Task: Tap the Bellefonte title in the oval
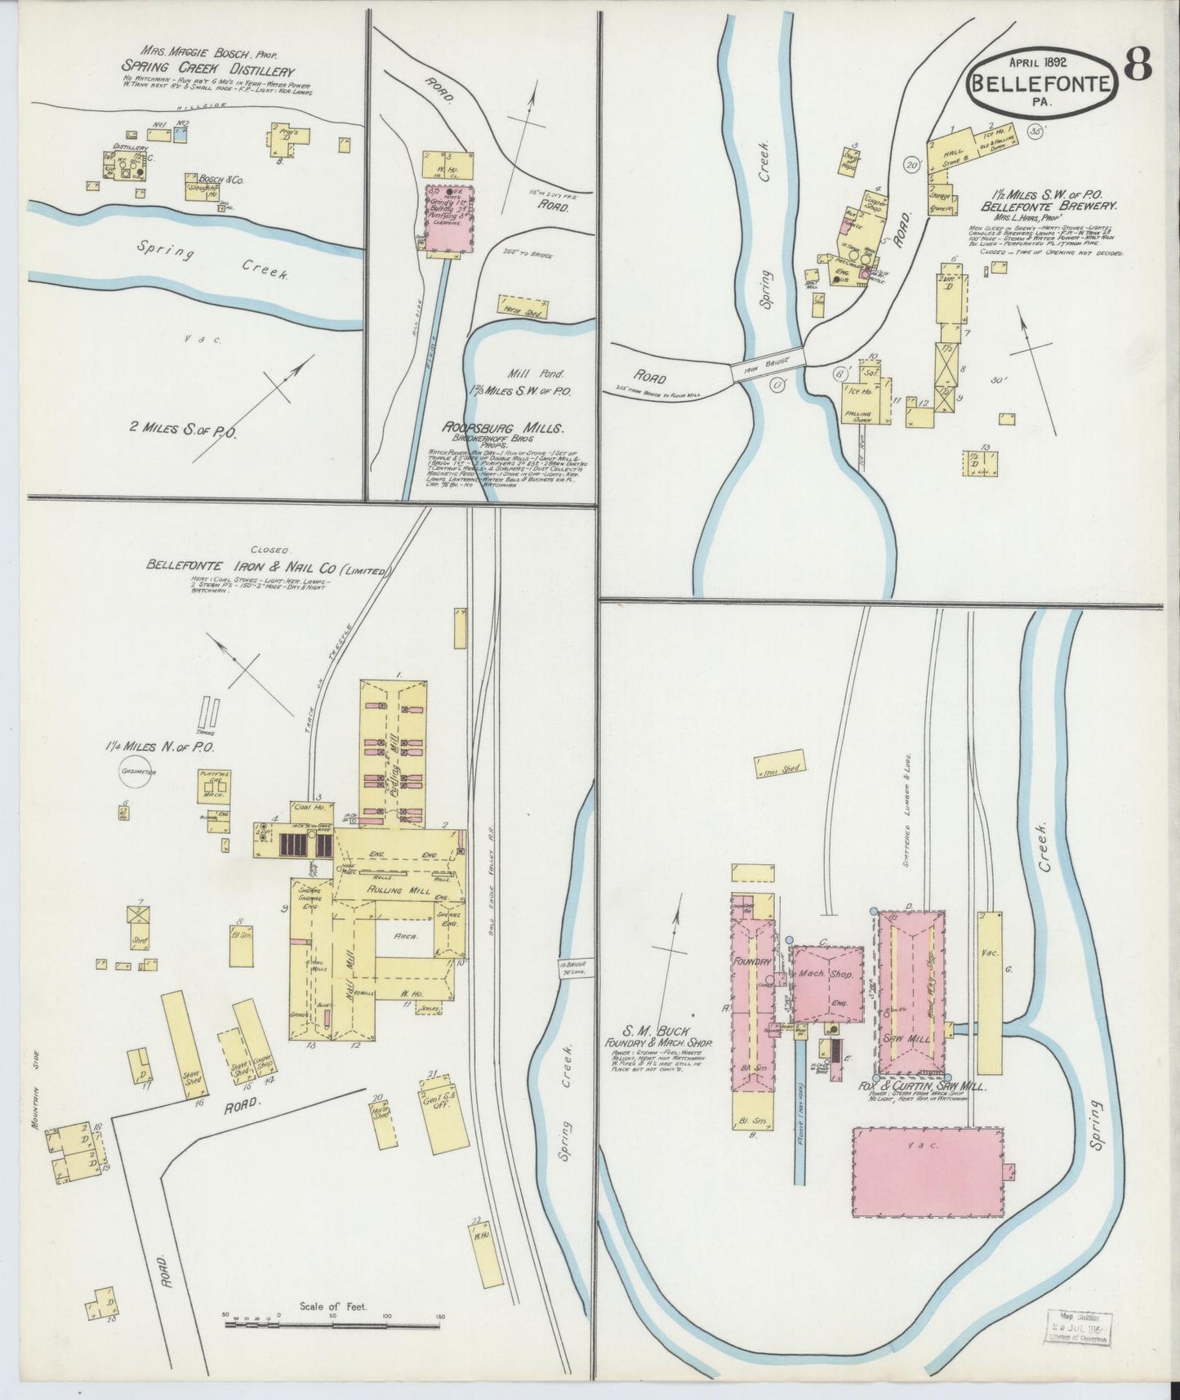(1040, 82)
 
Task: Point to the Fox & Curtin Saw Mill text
(930, 1088)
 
